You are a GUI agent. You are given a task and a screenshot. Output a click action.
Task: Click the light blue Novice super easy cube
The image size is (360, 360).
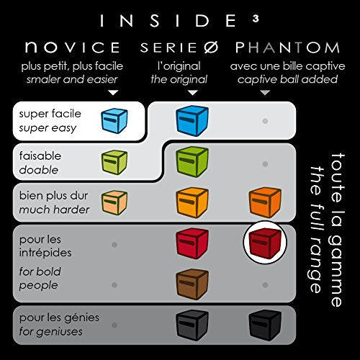coord(114,120)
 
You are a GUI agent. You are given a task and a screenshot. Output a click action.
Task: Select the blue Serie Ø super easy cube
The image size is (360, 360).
coord(192,121)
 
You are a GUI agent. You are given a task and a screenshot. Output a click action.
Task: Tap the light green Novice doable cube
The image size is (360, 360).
coord(114,162)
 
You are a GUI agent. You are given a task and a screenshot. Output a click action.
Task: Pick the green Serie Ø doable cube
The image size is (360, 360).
coord(192,162)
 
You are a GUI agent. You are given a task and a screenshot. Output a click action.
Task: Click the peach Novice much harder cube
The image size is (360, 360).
coord(114,202)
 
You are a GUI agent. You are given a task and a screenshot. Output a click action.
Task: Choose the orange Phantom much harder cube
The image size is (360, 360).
coord(265,203)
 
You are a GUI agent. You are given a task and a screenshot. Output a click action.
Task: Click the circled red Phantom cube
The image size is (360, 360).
coord(265,243)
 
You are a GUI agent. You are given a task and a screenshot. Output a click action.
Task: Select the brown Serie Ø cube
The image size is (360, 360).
coord(192,284)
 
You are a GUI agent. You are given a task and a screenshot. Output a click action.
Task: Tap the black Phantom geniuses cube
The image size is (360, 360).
coord(265,325)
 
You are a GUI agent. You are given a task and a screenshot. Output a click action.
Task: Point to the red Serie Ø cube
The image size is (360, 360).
coord(192,243)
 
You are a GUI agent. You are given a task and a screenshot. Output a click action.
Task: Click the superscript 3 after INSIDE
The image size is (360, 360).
coord(256,19)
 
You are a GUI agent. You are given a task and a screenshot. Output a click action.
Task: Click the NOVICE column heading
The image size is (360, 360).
coord(73,47)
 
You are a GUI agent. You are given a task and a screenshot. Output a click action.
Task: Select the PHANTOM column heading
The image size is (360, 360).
coord(287,48)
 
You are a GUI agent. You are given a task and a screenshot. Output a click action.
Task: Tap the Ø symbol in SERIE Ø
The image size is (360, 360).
coord(211,48)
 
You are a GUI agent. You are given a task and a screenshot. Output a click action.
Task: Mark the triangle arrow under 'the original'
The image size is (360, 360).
coord(192,92)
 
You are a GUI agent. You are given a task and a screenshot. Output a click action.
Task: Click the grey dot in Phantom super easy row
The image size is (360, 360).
coord(265,121)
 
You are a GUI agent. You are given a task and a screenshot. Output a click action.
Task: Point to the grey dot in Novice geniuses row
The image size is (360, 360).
coord(114,325)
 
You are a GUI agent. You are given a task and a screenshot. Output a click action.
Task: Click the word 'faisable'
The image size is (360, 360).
coord(40,156)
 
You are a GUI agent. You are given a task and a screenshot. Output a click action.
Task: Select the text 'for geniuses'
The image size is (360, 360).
coord(50,332)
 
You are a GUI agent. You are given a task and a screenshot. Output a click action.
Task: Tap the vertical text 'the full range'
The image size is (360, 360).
coord(316,229)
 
